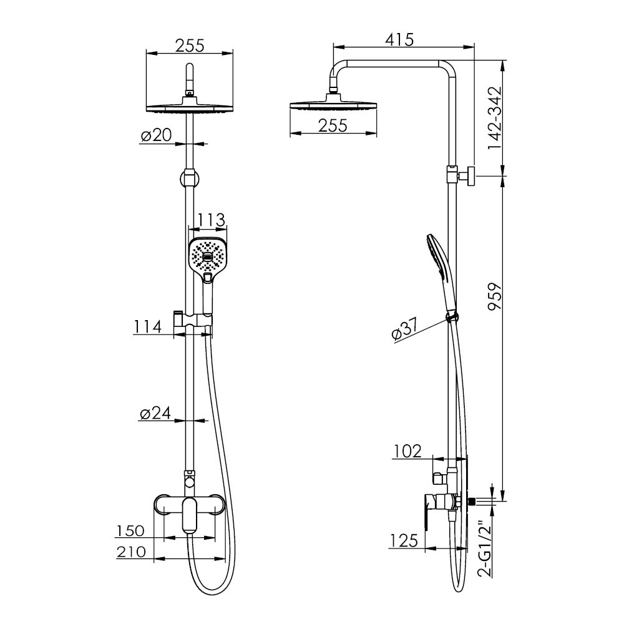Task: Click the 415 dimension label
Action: coord(399,39)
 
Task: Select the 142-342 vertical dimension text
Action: coord(495,118)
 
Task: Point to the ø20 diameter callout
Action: coord(156,135)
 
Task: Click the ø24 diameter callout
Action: coord(155,414)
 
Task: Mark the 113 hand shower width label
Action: coord(212,220)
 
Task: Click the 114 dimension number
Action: coord(147,326)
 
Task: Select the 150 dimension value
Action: coord(130,530)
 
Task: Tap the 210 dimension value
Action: coord(131,552)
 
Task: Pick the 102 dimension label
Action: coord(407,451)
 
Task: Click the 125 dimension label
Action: coord(404,540)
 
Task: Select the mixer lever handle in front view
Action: coord(190,516)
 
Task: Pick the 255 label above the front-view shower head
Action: coord(190,46)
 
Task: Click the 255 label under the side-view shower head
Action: coord(333,126)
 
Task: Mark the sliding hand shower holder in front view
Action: coord(193,319)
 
